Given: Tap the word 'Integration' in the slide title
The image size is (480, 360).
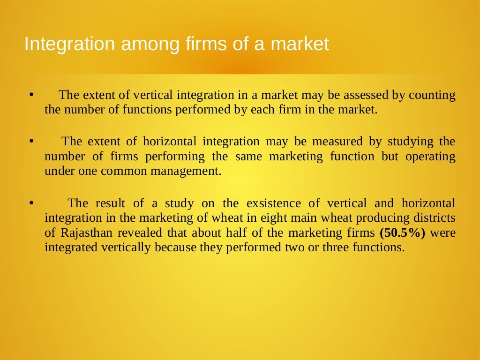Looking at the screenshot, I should click(69, 45).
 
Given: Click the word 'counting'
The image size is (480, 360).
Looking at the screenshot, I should click(432, 95).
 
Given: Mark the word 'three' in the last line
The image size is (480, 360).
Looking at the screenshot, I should click(335, 247).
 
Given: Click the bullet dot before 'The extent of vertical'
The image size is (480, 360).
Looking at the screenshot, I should click(31, 95).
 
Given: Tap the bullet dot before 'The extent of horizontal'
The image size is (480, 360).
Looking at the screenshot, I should click(31, 141).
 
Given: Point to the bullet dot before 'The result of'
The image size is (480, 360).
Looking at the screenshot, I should click(31, 203).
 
